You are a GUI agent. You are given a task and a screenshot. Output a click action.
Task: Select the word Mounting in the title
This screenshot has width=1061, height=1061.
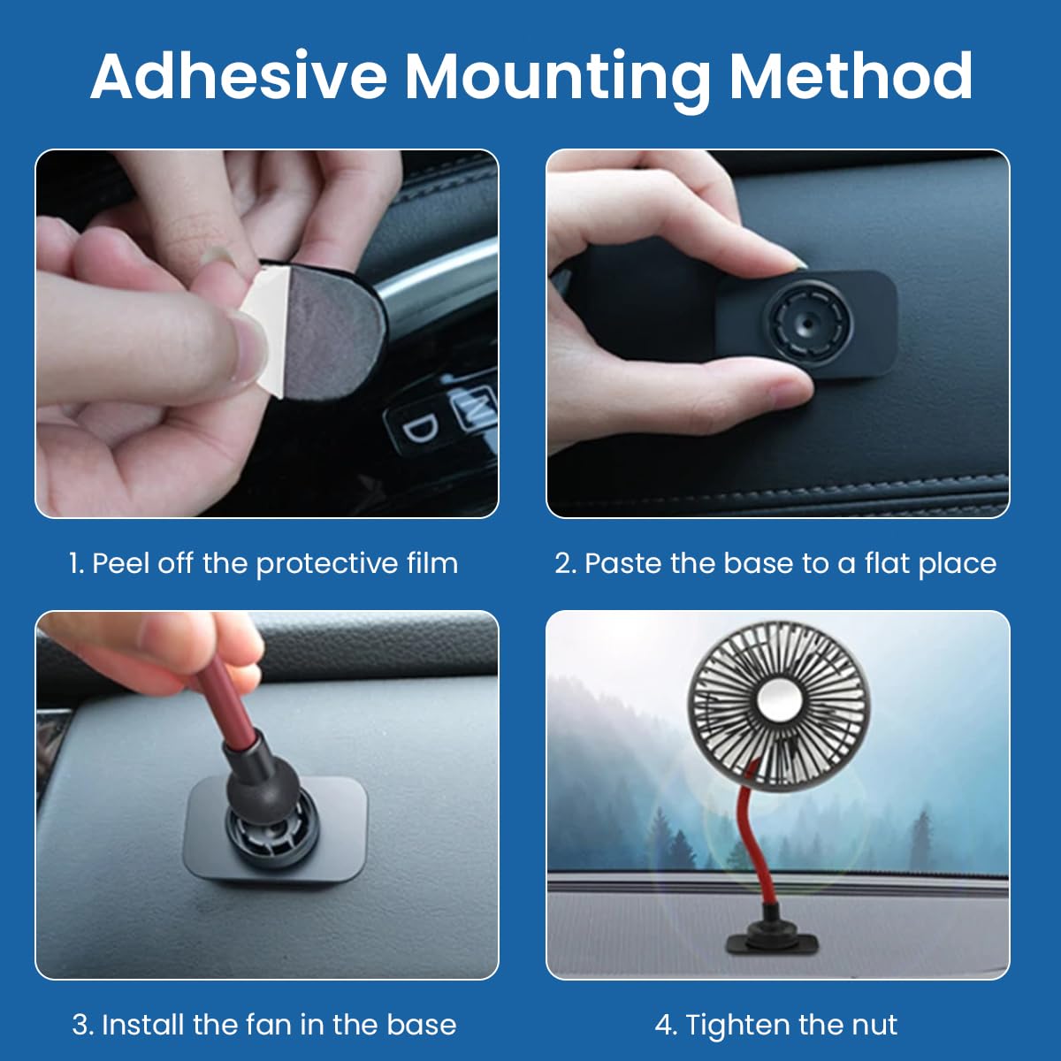pyautogui.click(x=558, y=80)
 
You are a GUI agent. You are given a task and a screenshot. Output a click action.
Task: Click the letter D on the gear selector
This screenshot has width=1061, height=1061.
pyautogui.click(x=421, y=428)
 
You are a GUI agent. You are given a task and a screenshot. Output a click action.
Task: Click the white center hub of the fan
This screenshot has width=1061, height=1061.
pyautogui.click(x=778, y=699)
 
